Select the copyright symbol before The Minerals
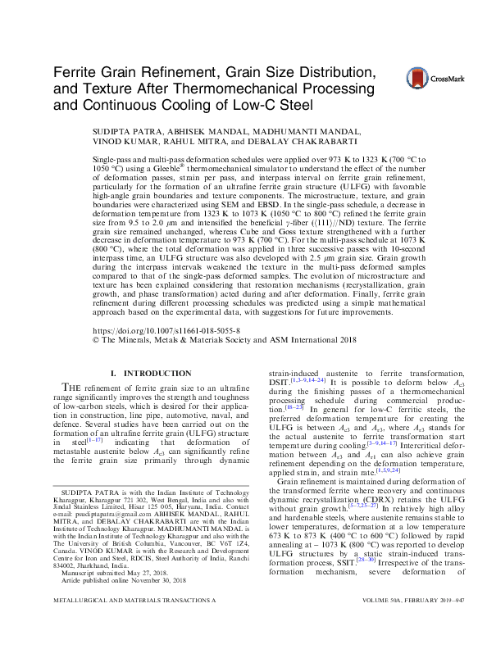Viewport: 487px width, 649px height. click(x=98, y=336)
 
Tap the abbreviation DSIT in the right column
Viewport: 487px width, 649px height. click(x=279, y=382)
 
